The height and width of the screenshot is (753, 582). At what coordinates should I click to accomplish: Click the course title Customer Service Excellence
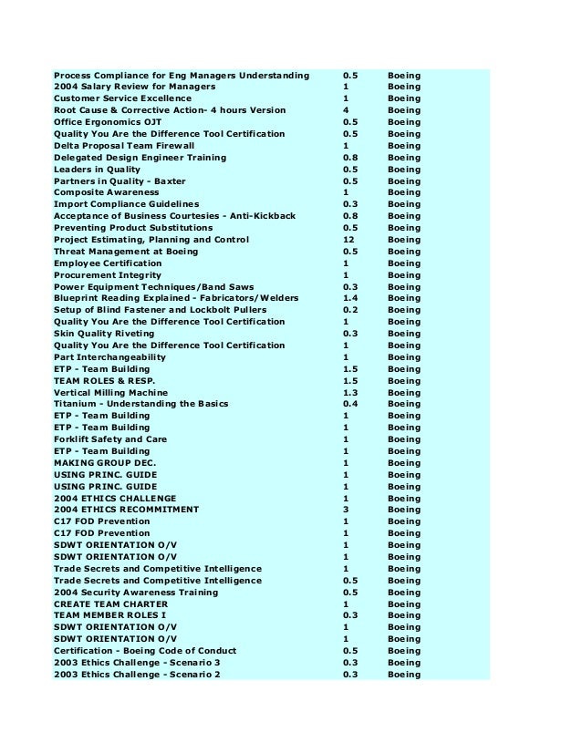(x=122, y=98)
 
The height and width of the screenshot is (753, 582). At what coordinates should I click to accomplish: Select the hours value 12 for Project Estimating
(x=348, y=240)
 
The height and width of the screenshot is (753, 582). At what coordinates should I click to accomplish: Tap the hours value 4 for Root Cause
(x=346, y=110)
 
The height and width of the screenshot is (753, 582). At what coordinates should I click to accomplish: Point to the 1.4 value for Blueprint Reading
(x=349, y=298)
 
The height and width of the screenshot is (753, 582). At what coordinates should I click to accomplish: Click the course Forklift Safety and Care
(x=110, y=439)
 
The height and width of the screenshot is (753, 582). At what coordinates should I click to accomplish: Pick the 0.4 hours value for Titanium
(x=349, y=404)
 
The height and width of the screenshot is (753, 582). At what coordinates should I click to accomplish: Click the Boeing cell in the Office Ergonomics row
(x=404, y=122)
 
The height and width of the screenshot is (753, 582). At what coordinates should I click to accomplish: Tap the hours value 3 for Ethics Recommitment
(x=346, y=510)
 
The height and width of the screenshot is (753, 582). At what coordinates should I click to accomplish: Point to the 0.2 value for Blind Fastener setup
(x=349, y=310)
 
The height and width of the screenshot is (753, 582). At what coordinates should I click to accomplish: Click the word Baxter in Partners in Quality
(x=169, y=181)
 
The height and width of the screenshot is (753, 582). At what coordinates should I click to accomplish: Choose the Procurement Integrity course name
(x=107, y=274)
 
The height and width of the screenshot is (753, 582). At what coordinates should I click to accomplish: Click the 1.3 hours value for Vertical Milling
(x=349, y=392)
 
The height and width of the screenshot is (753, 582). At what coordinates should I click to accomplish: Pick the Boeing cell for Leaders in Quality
(x=404, y=169)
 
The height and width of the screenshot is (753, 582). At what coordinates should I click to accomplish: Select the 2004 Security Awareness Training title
(x=136, y=593)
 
